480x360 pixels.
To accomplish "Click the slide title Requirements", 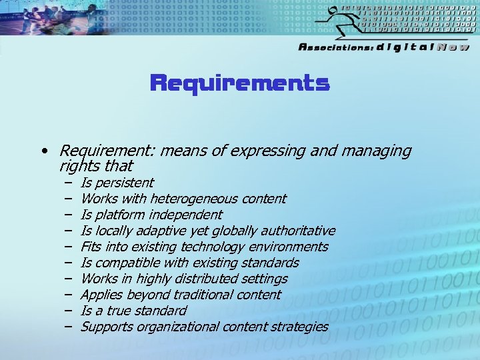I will [x=240, y=83].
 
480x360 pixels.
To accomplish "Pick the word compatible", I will [x=125, y=263].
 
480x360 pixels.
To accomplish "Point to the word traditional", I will [x=204, y=295].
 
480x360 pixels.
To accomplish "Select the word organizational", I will [x=176, y=327].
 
